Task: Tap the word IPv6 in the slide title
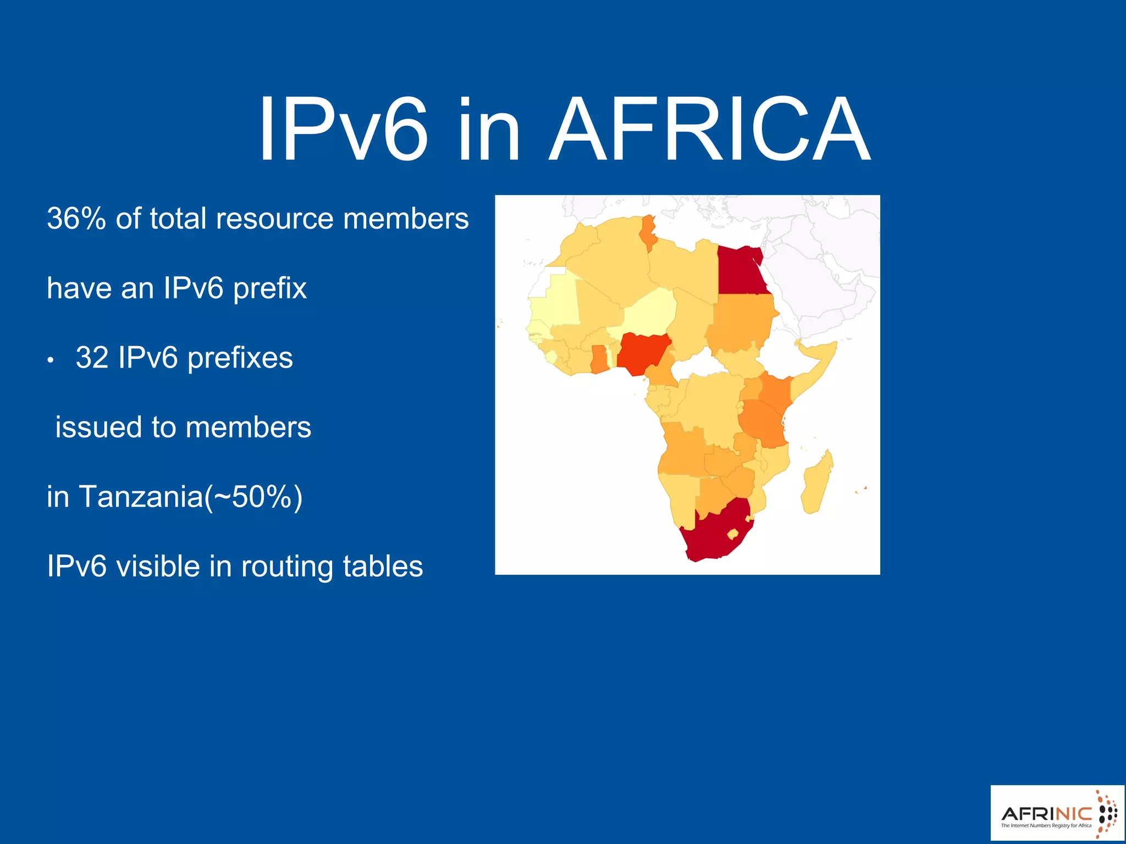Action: (343, 130)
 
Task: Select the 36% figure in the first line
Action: (76, 218)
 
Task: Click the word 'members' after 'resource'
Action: (406, 218)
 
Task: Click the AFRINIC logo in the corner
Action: (1057, 814)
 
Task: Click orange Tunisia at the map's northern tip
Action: (648, 231)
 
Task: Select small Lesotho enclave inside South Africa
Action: (732, 534)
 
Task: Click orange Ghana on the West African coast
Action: (598, 359)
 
